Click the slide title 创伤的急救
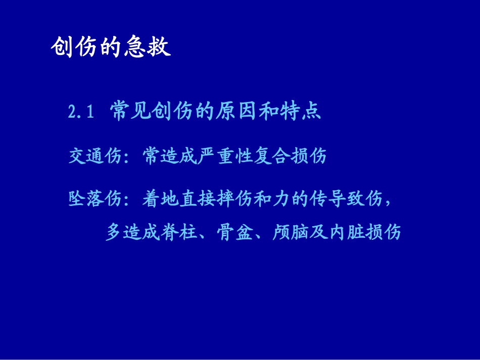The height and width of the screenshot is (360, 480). pos(111,48)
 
